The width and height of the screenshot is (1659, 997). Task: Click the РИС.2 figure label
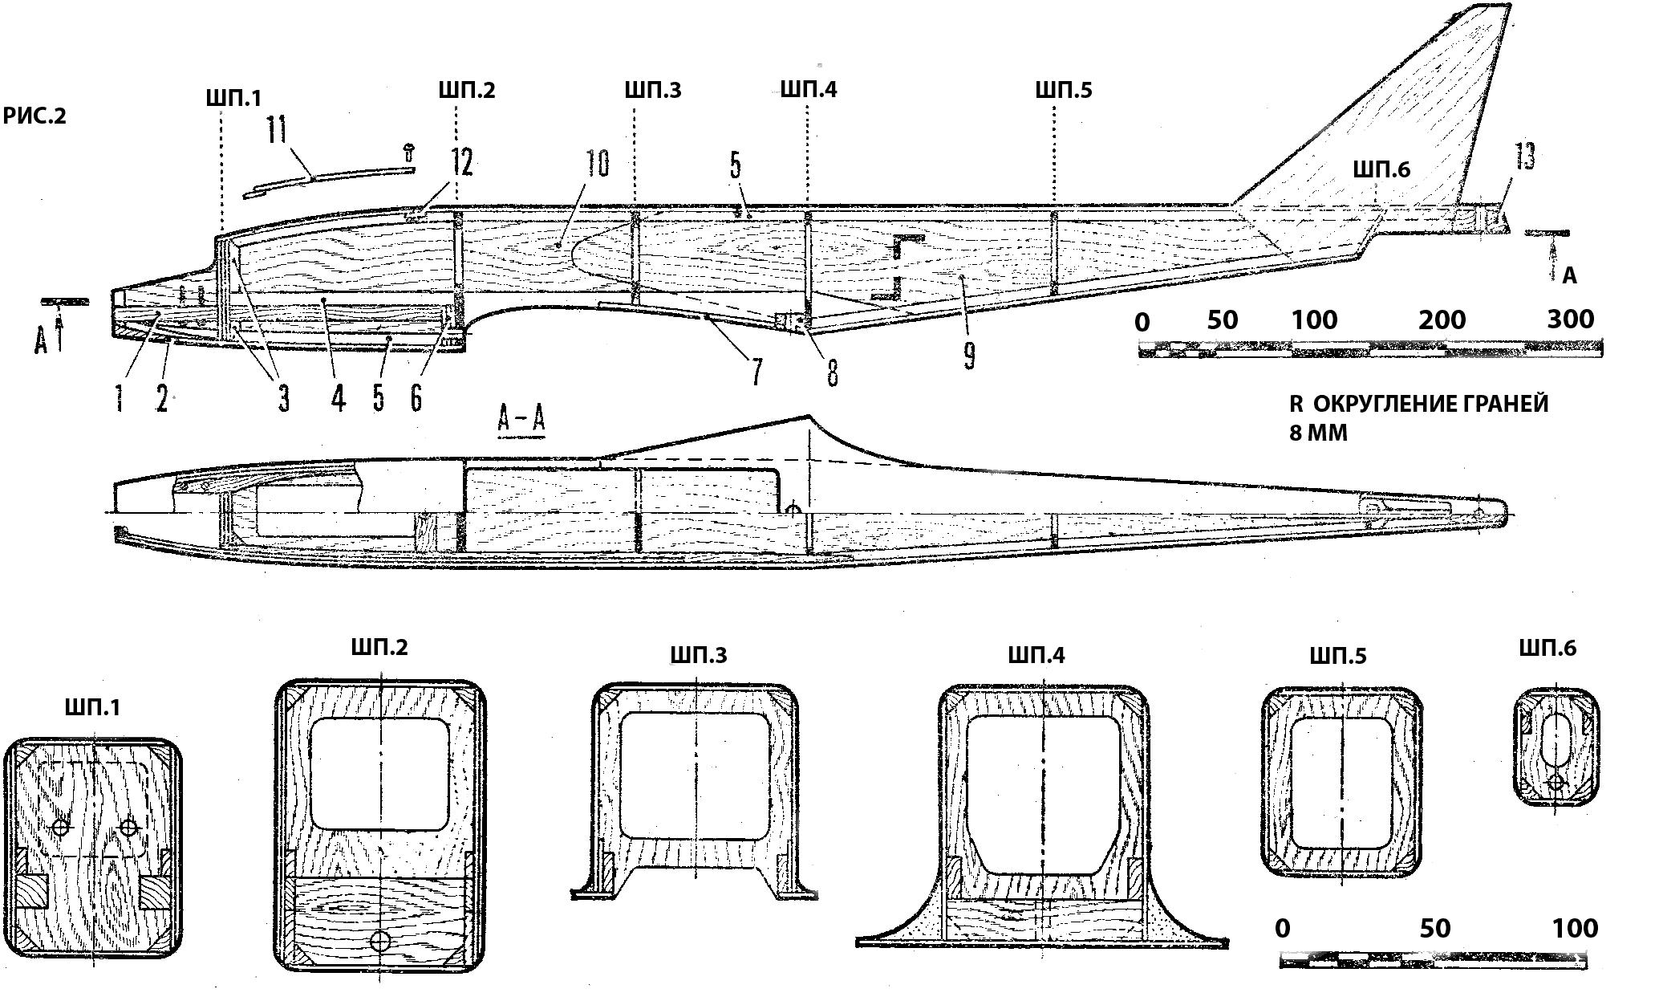click(34, 116)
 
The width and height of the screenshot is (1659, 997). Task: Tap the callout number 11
click(278, 130)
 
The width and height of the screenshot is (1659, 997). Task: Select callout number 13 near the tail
click(1524, 157)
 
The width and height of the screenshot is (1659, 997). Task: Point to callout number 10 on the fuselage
click(598, 163)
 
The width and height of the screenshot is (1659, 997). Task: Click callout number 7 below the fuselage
click(756, 372)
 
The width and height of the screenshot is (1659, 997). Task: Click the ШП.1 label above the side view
click(232, 98)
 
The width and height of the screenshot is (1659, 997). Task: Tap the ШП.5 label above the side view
click(1063, 90)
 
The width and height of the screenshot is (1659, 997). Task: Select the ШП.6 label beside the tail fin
click(1381, 169)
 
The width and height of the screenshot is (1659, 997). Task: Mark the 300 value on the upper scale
click(1570, 319)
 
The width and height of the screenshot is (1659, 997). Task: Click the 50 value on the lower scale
click(1435, 928)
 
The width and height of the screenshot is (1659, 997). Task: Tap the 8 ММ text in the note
click(1318, 433)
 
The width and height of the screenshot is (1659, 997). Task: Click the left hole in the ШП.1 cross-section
click(62, 827)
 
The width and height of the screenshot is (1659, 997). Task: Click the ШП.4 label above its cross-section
click(1036, 655)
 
